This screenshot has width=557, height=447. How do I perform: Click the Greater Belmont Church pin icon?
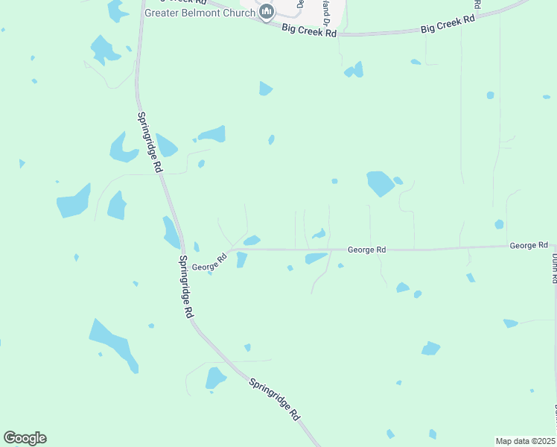pyautogui.click(x=267, y=12)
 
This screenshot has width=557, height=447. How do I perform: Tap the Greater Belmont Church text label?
pyautogui.click(x=200, y=13)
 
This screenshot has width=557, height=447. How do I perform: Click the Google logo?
pyautogui.click(x=25, y=438)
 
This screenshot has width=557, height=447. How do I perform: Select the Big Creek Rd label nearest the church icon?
pyautogui.click(x=309, y=31)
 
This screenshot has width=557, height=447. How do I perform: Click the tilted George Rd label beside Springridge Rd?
pyautogui.click(x=209, y=261)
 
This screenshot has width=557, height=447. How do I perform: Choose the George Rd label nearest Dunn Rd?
pyautogui.click(x=529, y=245)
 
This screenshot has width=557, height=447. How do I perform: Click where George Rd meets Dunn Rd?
pyautogui.click(x=553, y=244)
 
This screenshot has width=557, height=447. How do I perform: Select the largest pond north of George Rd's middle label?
pyautogui.click(x=380, y=183)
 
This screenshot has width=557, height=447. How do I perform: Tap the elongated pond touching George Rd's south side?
pyautogui.click(x=316, y=258)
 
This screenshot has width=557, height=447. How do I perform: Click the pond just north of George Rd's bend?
pyautogui.click(x=252, y=240)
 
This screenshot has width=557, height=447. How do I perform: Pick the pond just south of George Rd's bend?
pyautogui.click(x=241, y=259)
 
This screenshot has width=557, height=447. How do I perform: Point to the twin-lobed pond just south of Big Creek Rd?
pyautogui.click(x=354, y=71)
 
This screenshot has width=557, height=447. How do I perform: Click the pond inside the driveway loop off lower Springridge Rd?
pyautogui.click(x=216, y=378)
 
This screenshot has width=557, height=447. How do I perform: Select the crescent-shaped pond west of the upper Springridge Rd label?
pyautogui.click(x=122, y=148)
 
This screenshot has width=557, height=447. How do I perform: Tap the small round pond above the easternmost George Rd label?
pyautogui.click(x=499, y=224)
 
